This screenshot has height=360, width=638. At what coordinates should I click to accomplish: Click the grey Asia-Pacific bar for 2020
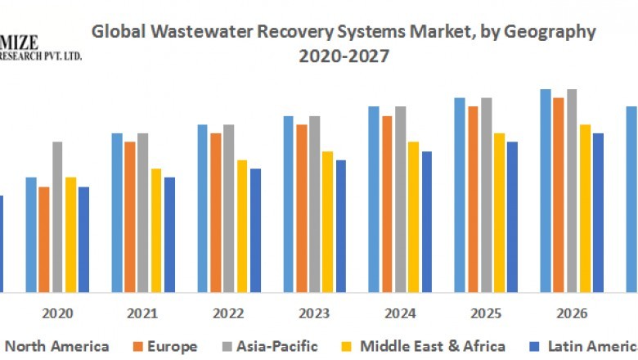pyautogui.click(x=57, y=217)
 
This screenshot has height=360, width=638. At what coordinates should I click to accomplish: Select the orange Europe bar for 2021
pyautogui.click(x=130, y=217)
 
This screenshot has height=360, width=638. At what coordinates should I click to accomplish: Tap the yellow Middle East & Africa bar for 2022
pyautogui.click(x=241, y=226)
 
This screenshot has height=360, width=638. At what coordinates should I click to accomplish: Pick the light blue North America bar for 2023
pyautogui.click(x=289, y=204)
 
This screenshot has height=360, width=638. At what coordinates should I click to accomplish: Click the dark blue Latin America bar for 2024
pyautogui.click(x=426, y=222)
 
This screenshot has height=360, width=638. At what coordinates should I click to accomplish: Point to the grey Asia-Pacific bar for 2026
pyautogui.click(x=572, y=191)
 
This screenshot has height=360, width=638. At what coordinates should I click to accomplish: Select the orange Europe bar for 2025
pyautogui.click(x=473, y=199)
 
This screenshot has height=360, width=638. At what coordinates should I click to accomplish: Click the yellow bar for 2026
pyautogui.click(x=585, y=208)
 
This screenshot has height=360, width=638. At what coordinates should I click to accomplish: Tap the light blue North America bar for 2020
pyautogui.click(x=31, y=234)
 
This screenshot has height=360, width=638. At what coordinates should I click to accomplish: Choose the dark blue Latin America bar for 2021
pyautogui.click(x=169, y=234)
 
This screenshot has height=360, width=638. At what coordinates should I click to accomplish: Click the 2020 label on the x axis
pyautogui.click(x=57, y=313)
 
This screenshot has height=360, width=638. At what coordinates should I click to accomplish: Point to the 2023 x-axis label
pyautogui.click(x=314, y=313)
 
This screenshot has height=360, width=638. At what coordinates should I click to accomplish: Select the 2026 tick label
pyautogui.click(x=572, y=313)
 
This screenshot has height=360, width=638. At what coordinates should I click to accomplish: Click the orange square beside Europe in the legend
pyautogui.click(x=138, y=346)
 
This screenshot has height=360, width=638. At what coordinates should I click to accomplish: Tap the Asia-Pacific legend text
pyautogui.click(x=279, y=346)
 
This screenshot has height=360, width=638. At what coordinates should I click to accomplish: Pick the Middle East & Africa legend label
pyautogui.click(x=433, y=346)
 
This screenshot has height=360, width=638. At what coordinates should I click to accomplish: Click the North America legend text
pyautogui.click(x=57, y=346)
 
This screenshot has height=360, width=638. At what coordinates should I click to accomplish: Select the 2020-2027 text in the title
pyautogui.click(x=343, y=56)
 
